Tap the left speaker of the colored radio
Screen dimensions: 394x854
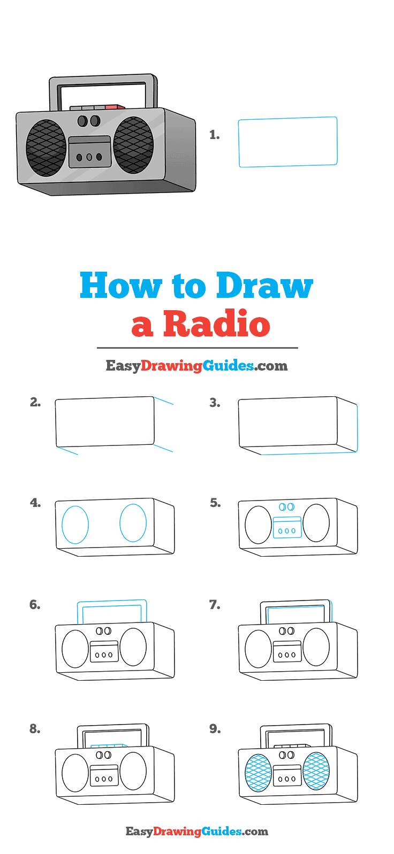click(46, 148)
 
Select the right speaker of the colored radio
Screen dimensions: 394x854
click(133, 145)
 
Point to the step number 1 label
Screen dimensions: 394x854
click(215, 135)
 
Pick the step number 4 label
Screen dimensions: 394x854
click(35, 503)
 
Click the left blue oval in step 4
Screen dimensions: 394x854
click(75, 525)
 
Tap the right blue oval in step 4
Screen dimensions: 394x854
click(133, 522)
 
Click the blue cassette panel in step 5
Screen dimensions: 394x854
click(287, 527)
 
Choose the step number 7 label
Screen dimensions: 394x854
click(215, 605)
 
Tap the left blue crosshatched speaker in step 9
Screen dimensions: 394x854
click(258, 772)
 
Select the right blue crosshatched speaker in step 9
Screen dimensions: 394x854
click(316, 771)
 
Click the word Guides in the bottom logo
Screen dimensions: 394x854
click(222, 832)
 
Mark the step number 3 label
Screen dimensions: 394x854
click(215, 403)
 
